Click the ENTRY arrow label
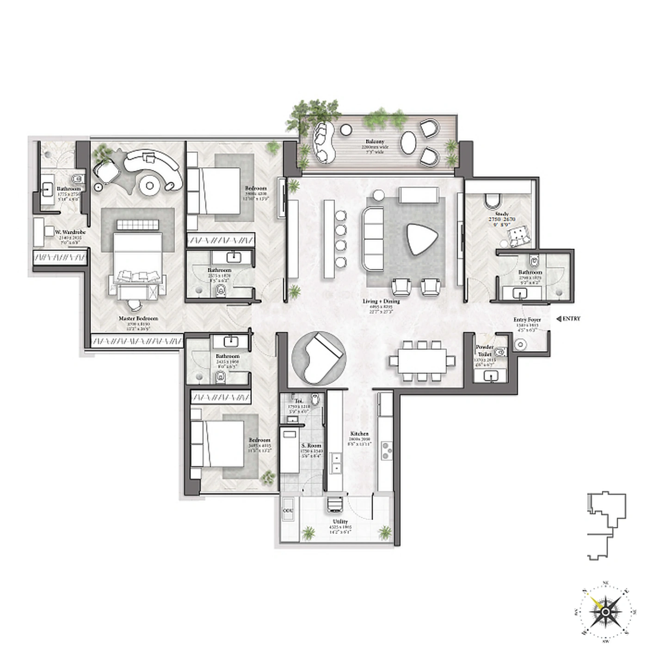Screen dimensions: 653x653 click(568, 319)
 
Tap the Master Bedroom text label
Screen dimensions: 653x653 click(138, 319)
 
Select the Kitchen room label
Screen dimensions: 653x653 click(359, 434)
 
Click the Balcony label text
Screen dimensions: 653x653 click(375, 142)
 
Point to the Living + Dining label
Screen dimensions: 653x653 click(381, 302)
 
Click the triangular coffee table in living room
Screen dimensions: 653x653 click(422, 239)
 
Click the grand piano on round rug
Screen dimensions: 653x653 click(319, 357)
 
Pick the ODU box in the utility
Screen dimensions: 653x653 click(288, 511)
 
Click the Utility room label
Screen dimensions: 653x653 click(340, 522)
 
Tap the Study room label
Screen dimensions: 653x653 click(502, 214)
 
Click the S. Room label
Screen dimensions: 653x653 click(311, 446)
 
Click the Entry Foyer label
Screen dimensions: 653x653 click(527, 320)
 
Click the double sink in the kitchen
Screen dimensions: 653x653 click(336, 463)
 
